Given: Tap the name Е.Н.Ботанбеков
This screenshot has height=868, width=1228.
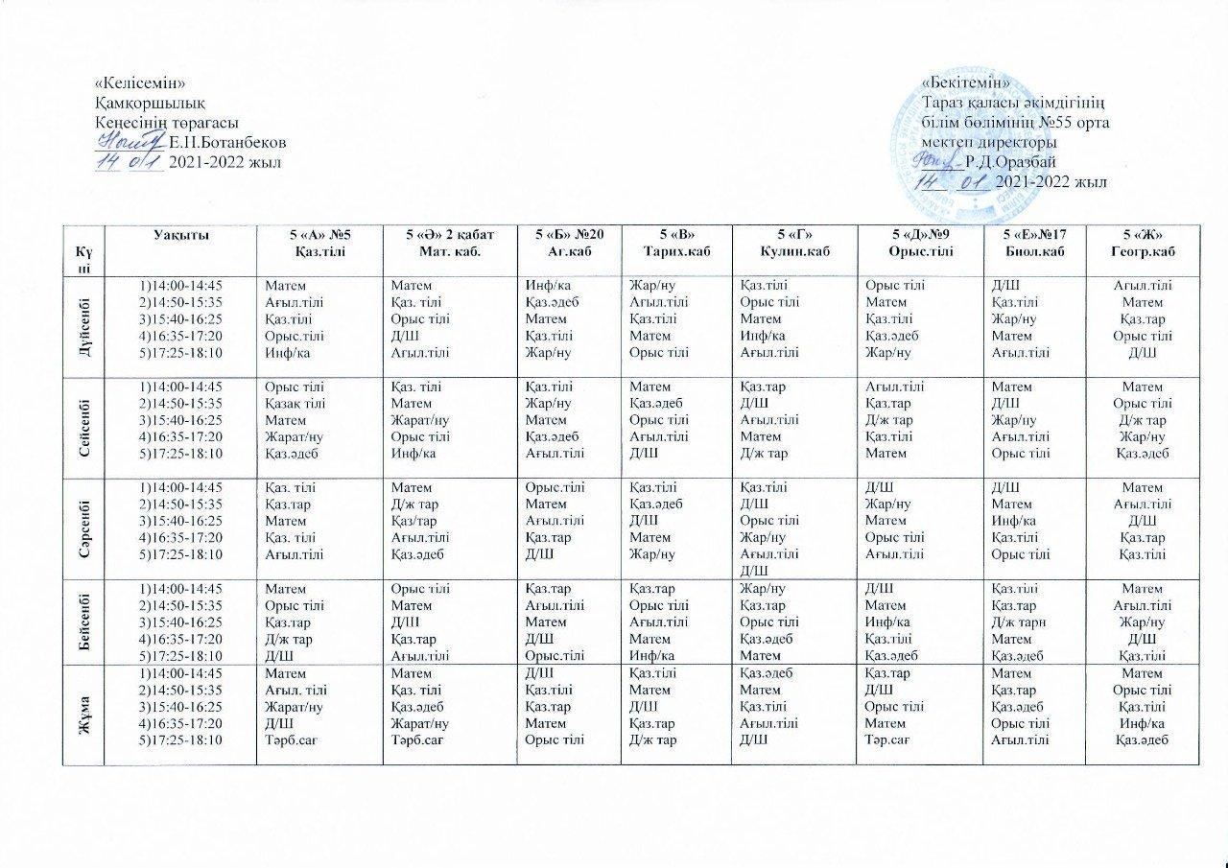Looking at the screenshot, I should [227, 142].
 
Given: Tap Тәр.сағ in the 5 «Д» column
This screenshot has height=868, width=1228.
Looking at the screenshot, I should [887, 740].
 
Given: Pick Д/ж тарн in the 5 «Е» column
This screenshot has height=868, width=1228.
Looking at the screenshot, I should [1020, 622].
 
